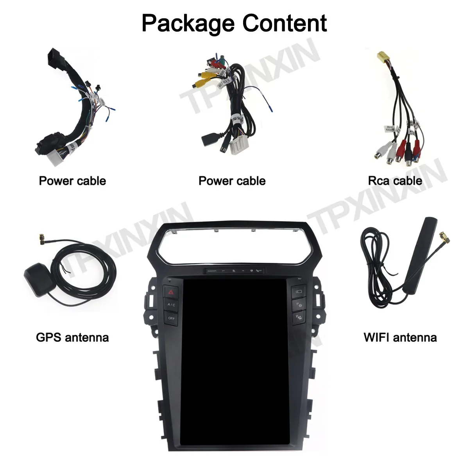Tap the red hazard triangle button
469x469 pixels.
point(171,292)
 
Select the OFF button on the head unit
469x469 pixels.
point(171,318)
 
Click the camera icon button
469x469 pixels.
point(298,291)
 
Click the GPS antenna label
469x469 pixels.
point(72,337)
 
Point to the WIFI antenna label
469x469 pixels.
point(400,337)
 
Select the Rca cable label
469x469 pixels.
point(395,181)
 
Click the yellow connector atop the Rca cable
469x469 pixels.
point(381,57)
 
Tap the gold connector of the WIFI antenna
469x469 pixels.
point(445,237)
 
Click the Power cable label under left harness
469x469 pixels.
point(72,181)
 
